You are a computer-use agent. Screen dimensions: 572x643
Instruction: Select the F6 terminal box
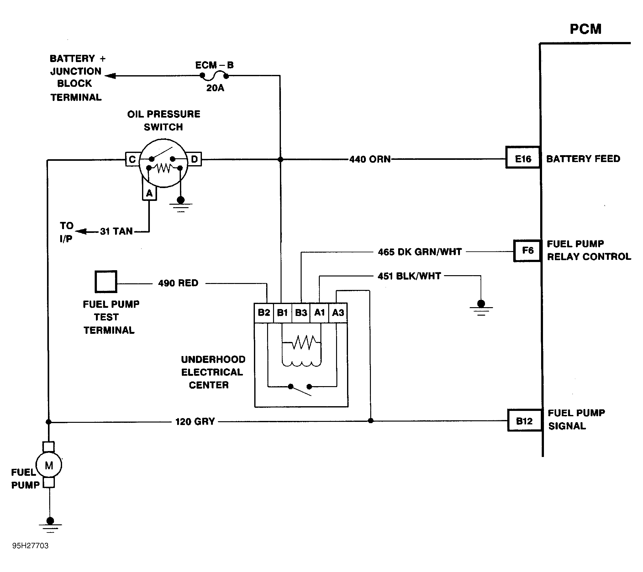[527, 251]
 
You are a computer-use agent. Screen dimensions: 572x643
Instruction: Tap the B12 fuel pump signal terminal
[524, 421]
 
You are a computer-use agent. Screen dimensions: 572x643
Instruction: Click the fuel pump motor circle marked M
[49, 465]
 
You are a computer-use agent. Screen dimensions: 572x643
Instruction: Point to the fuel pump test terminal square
[106, 281]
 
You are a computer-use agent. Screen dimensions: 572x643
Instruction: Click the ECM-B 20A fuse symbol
[214, 76]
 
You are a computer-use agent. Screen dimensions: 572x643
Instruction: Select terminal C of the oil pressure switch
[132, 160]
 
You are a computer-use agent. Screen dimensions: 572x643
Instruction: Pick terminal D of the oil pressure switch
[194, 159]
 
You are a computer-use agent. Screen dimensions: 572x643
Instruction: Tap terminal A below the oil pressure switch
[149, 193]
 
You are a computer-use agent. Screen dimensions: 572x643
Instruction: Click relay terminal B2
[264, 312]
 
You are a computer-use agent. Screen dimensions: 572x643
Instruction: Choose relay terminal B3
[301, 312]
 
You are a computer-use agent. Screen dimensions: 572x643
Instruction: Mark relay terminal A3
[338, 312]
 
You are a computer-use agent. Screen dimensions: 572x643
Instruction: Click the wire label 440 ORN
[370, 159]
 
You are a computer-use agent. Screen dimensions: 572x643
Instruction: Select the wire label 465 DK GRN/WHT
[420, 252]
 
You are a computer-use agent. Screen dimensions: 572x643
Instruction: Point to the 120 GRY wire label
[195, 421]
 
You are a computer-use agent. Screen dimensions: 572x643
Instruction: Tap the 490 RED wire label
[178, 283]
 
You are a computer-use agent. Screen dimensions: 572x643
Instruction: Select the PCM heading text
[585, 29]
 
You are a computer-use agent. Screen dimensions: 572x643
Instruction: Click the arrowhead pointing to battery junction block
[110, 76]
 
